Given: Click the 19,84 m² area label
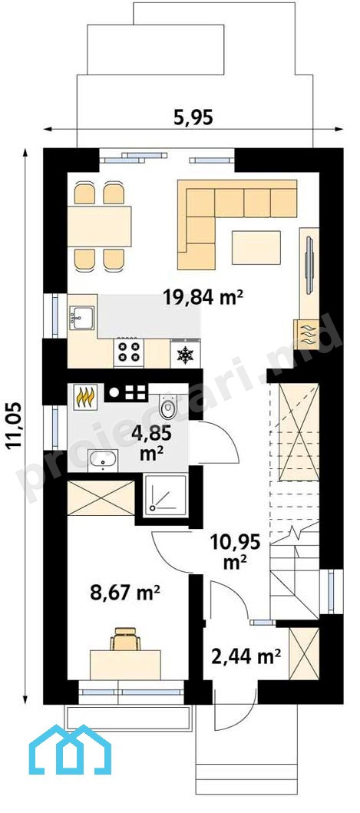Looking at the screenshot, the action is (x=203, y=298).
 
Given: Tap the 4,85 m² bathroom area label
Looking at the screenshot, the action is (x=152, y=441).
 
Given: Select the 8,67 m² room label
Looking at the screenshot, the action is (x=124, y=593).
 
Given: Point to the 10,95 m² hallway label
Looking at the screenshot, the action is (x=235, y=553).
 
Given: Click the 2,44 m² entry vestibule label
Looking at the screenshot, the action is (x=246, y=657).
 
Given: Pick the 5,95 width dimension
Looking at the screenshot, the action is (x=193, y=118).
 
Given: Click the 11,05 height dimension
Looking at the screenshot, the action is (x=15, y=423).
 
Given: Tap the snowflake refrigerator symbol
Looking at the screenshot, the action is (x=185, y=355).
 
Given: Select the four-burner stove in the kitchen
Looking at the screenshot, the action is (x=129, y=352).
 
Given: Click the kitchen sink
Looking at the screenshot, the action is (x=81, y=317).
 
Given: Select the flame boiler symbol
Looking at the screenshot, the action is (x=86, y=397).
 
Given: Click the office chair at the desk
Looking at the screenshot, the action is (x=125, y=639).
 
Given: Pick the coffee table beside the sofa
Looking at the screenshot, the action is (x=256, y=248).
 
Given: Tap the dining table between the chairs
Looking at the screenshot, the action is (x=99, y=226).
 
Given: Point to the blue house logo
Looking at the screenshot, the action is (x=70, y=749).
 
